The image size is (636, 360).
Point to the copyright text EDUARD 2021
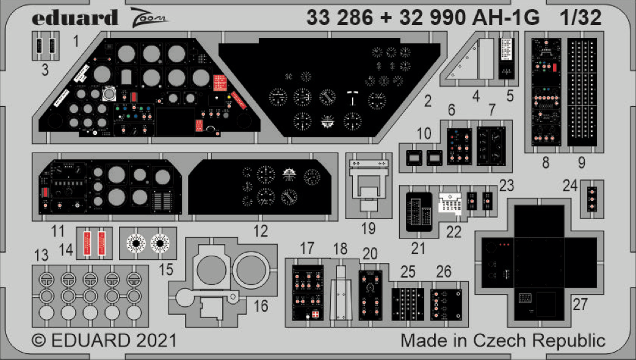point(103,340)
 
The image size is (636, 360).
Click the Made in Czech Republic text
point(503,340)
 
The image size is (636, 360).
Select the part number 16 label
point(261,306)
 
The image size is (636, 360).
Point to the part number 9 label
point(581,162)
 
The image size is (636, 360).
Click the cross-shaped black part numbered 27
point(539,262)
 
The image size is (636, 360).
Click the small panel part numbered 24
point(590,199)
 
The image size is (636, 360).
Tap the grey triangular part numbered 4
point(471,61)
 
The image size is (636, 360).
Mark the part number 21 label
point(418,248)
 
